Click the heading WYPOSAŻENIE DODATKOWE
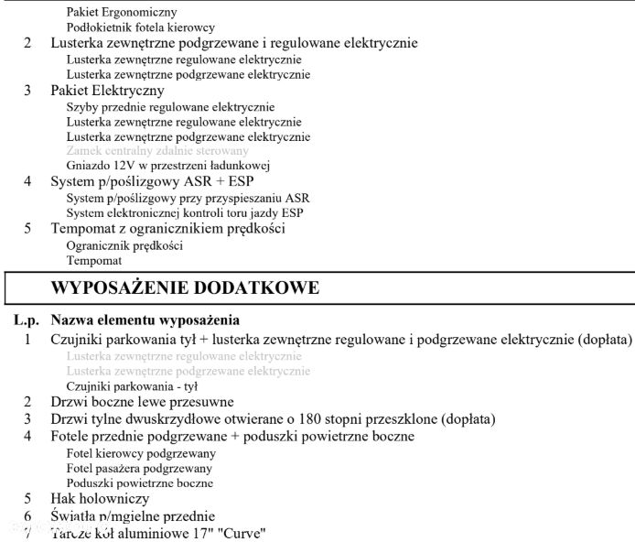(x=185, y=287)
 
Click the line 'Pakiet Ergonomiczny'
(x=122, y=13)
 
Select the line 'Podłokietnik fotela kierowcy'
(x=141, y=28)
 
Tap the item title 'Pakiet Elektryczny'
(x=107, y=91)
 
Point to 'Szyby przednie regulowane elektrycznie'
(x=170, y=106)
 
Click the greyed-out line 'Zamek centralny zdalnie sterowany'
(x=157, y=150)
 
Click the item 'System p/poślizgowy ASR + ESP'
(x=153, y=181)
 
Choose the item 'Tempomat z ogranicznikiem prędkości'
(x=167, y=228)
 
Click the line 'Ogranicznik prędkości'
(x=124, y=244)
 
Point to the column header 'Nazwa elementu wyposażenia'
(x=145, y=321)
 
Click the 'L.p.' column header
(x=27, y=321)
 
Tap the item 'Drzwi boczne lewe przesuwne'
(x=142, y=402)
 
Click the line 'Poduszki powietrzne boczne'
(x=140, y=482)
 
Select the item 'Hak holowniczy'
(x=100, y=499)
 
